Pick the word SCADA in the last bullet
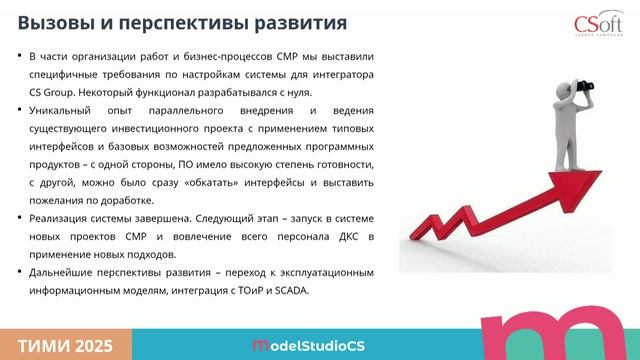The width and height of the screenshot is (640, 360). [290, 291]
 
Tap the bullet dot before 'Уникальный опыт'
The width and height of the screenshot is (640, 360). [22, 109]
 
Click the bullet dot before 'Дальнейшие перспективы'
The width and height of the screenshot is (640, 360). [22, 273]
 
